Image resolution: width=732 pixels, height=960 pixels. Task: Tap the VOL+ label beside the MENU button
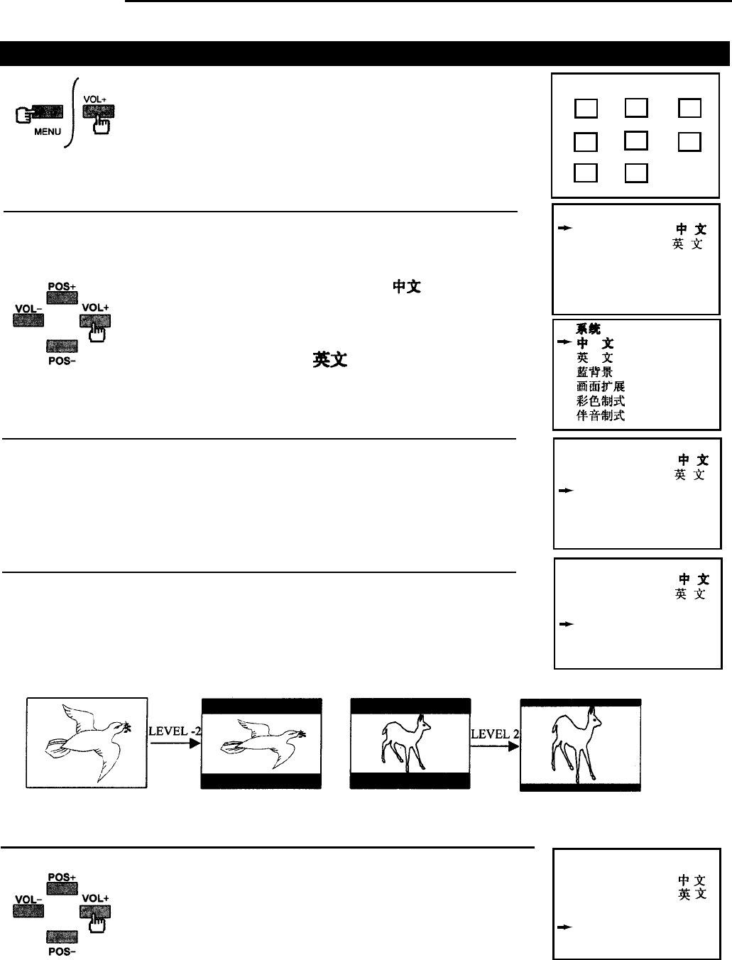[x=96, y=99]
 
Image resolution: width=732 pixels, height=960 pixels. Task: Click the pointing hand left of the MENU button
[x=22, y=114]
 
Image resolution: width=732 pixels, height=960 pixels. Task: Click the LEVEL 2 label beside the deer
[x=495, y=733]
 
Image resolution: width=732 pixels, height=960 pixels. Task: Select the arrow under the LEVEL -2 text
[x=175, y=743]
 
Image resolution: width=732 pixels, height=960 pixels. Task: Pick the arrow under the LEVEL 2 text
[x=495, y=743]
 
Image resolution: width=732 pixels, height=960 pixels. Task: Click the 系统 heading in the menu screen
[x=588, y=329]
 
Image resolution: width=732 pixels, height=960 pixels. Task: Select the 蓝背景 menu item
[x=594, y=372]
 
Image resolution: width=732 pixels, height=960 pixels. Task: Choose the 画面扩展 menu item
[x=601, y=386]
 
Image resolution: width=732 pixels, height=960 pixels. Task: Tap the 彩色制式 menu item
[x=601, y=401]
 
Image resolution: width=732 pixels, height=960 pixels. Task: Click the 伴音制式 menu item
[x=601, y=415]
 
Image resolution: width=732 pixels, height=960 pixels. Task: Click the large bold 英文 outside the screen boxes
[x=329, y=360]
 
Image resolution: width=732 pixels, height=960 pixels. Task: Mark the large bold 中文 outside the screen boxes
[x=408, y=287]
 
